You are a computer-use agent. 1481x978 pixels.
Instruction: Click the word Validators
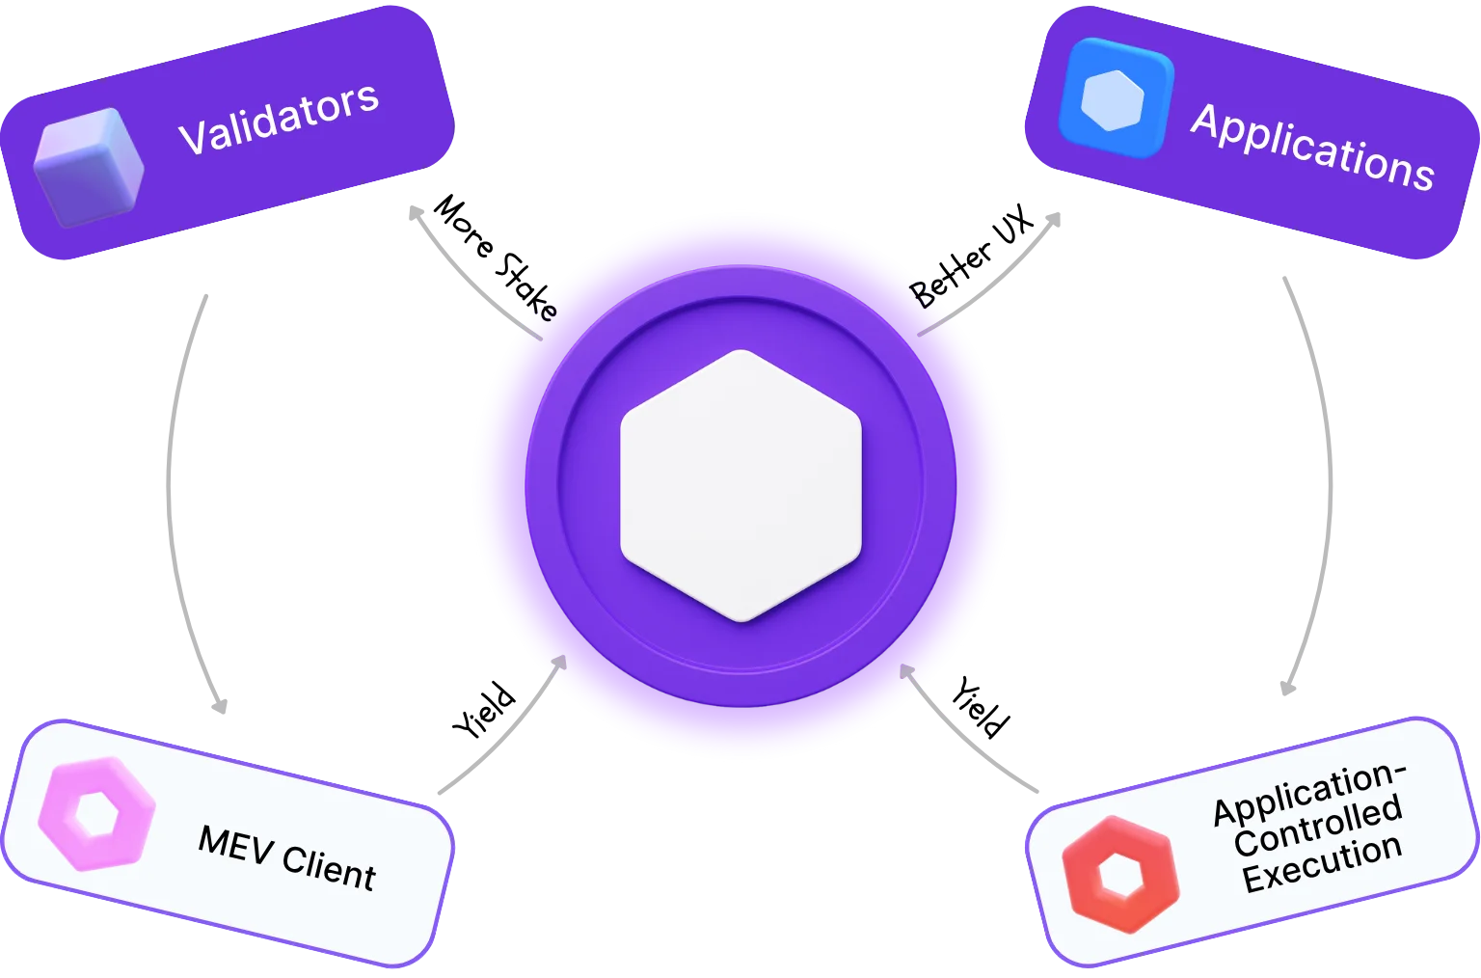[279, 120]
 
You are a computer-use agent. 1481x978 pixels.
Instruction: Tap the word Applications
[1312, 148]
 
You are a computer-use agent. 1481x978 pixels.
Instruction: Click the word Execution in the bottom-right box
[1321, 863]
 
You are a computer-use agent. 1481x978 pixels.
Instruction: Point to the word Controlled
[1317, 826]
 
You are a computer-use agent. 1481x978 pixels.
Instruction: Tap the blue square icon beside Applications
[1115, 98]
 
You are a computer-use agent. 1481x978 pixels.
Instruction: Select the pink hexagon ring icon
[96, 816]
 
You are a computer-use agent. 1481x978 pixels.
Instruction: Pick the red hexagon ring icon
[1120, 874]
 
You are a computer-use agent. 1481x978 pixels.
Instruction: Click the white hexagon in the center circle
[740, 485]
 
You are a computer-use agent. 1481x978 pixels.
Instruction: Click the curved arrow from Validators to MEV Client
[174, 502]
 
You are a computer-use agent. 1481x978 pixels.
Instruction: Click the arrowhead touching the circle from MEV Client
[556, 665]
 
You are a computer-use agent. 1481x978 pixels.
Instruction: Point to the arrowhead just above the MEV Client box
[221, 704]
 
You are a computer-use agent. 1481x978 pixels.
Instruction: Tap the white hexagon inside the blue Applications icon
[1113, 98]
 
